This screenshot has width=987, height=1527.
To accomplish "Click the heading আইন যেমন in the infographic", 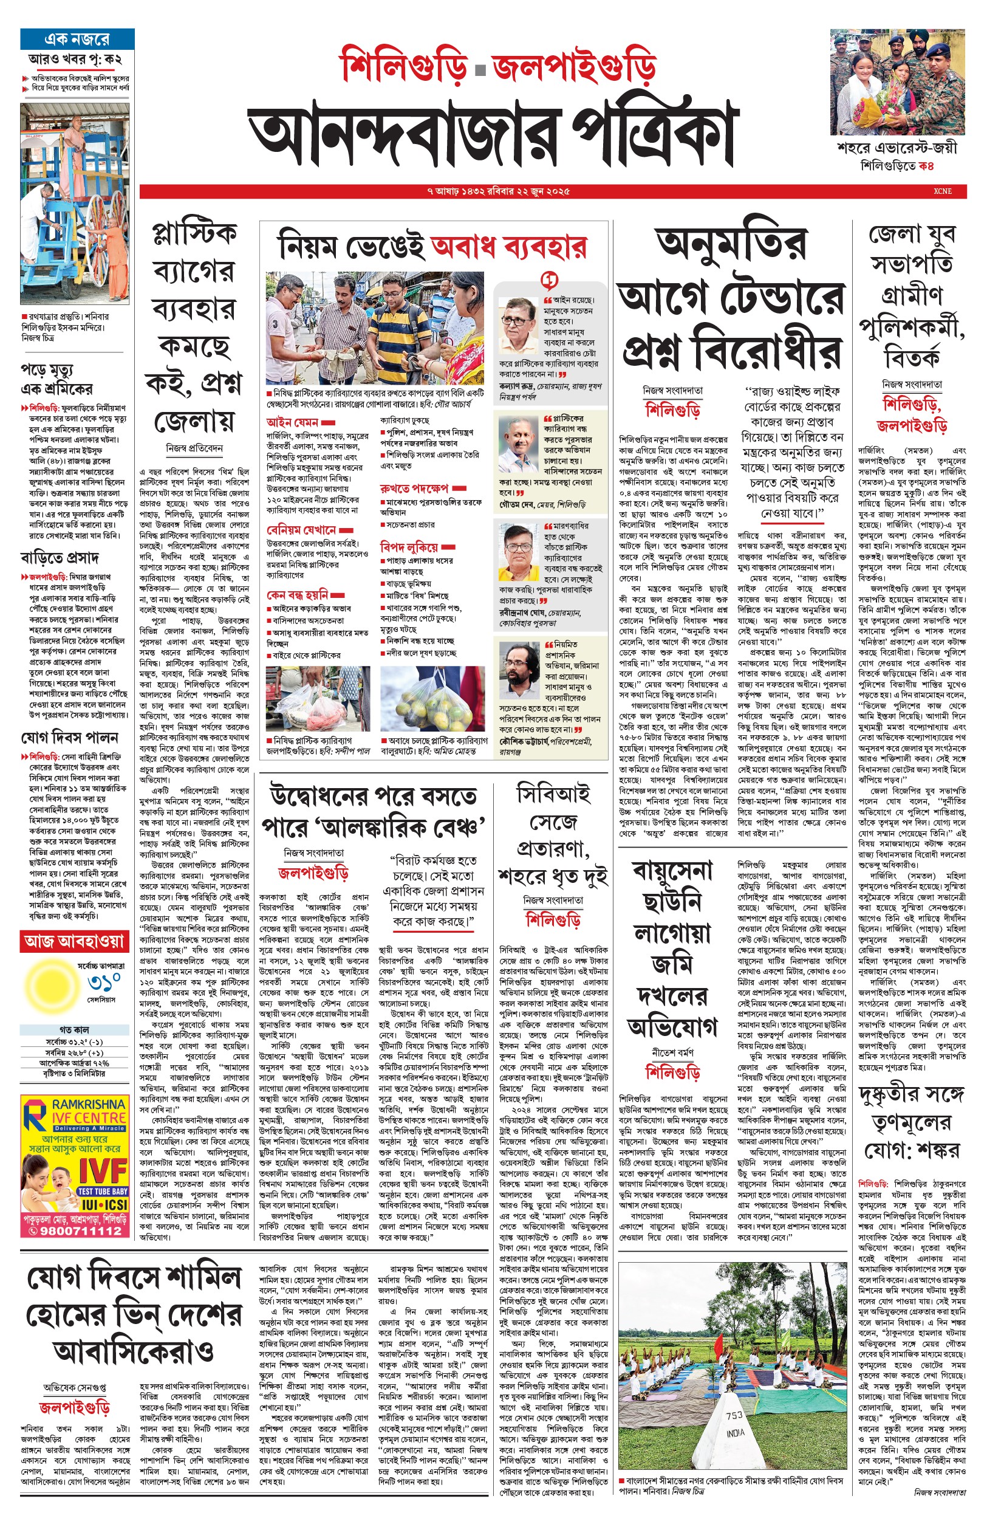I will pyautogui.click(x=293, y=422).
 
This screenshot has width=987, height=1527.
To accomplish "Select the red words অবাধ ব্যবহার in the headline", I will pyautogui.click(x=508, y=247).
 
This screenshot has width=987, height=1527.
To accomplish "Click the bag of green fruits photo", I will pyautogui.click(x=433, y=699).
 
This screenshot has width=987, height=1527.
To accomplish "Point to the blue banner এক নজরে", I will pyautogui.click(x=77, y=39).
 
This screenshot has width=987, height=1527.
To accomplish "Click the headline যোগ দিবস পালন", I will pyautogui.click(x=70, y=738).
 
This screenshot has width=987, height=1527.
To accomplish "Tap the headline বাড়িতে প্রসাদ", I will pyautogui.click(x=60, y=557).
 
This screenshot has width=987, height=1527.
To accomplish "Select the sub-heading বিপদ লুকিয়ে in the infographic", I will pyautogui.click(x=409, y=547).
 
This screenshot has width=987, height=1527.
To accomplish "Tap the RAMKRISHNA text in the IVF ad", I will pyautogui.click(x=89, y=1105).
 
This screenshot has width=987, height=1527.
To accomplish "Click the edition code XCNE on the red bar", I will pyautogui.click(x=942, y=191).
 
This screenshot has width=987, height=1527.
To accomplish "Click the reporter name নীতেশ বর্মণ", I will pyautogui.click(x=672, y=1052).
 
